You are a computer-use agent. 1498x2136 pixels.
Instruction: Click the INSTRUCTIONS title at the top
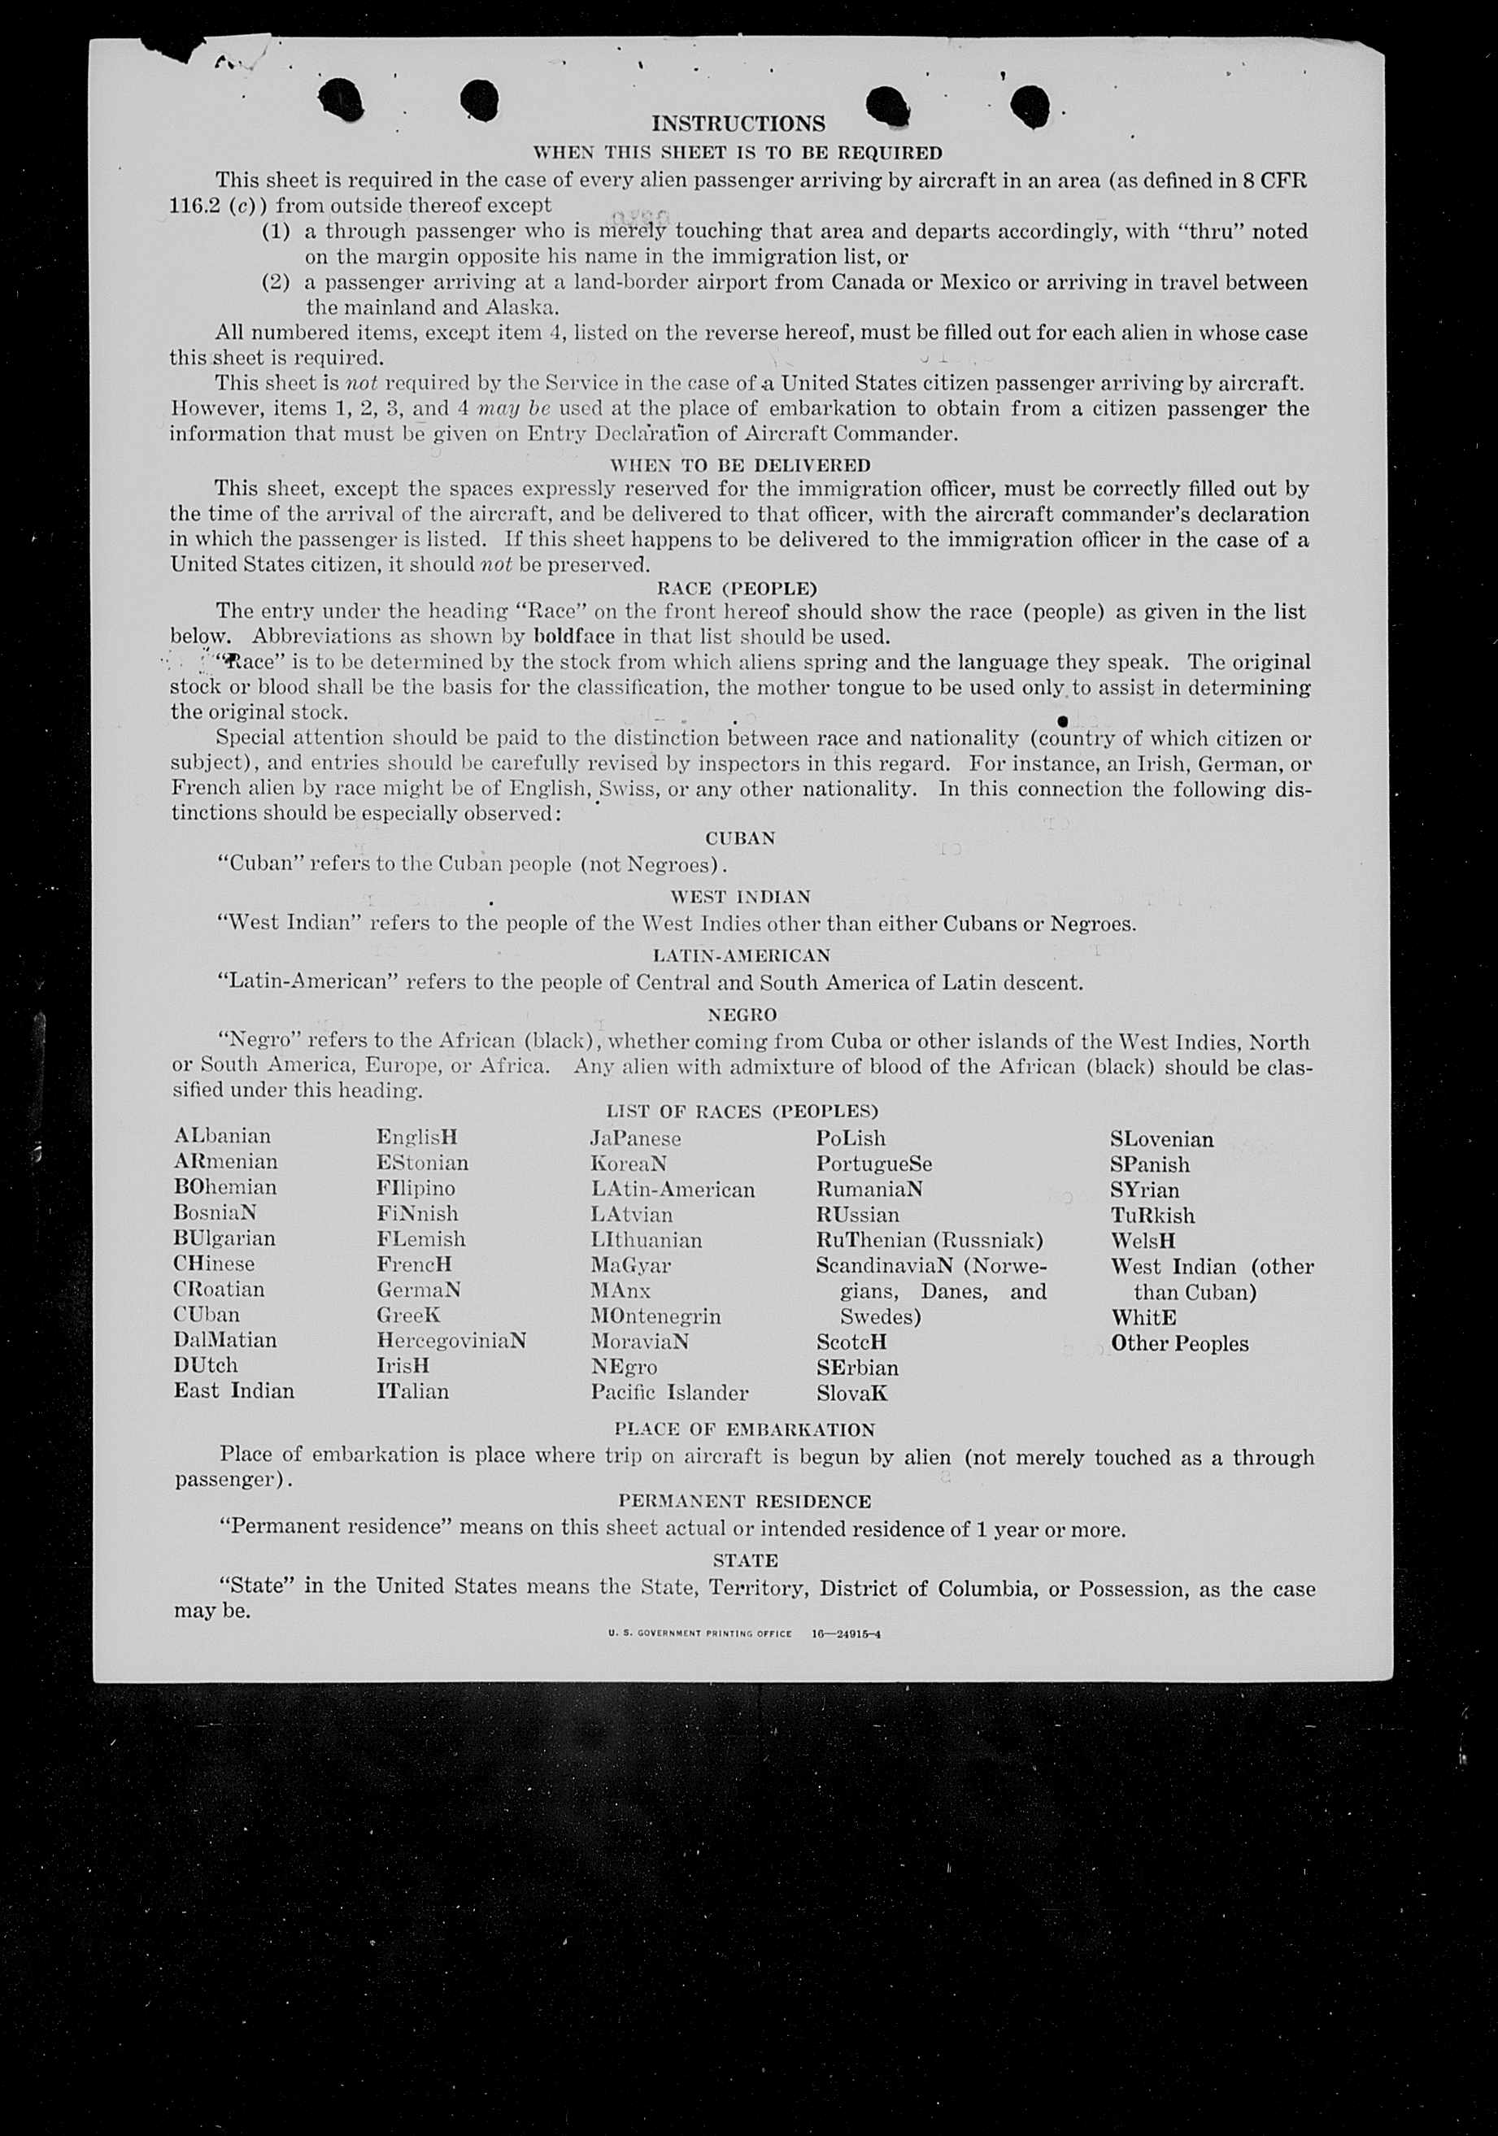[x=738, y=124]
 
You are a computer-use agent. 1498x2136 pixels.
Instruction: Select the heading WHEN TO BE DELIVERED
[x=740, y=465]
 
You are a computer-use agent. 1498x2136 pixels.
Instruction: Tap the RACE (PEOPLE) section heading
[x=737, y=589]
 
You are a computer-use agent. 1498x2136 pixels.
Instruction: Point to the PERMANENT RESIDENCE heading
[x=744, y=1502]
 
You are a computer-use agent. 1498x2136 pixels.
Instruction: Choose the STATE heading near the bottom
[x=745, y=1561]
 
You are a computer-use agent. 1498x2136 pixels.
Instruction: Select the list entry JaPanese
[x=635, y=1138]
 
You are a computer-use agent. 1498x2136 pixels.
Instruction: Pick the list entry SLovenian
[x=1161, y=1140]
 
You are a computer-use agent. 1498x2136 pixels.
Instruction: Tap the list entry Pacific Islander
[x=669, y=1393]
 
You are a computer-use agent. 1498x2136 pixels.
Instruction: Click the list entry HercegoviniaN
[x=451, y=1341]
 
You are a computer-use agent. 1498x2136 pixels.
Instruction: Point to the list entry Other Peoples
[x=1179, y=1343]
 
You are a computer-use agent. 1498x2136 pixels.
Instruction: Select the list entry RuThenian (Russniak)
[x=930, y=1240]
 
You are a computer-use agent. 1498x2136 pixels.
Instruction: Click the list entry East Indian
[x=233, y=1391]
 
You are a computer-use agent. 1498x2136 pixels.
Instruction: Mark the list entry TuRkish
[x=1152, y=1216]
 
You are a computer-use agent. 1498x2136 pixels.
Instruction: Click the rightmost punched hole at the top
[x=1030, y=104]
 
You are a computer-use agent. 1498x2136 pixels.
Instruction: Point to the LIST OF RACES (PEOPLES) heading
[x=742, y=1112]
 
